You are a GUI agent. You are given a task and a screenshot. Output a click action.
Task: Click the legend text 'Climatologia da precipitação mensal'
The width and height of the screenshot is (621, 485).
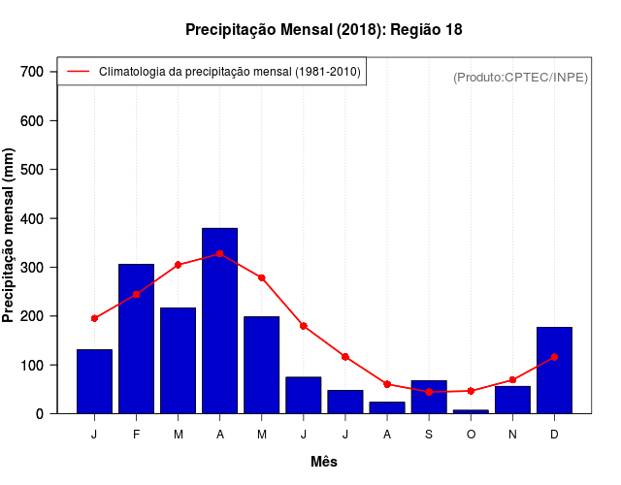230,71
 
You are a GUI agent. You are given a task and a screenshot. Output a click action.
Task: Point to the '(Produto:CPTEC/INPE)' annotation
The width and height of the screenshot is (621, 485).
520,77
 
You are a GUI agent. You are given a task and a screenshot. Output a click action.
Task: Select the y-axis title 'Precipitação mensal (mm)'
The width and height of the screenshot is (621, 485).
10,236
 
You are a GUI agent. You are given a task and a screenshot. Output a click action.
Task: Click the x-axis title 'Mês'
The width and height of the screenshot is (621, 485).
324,462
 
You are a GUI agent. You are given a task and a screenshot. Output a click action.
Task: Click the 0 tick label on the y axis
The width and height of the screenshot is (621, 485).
40,414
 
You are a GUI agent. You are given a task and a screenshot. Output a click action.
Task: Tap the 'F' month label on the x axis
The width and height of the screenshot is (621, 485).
136,434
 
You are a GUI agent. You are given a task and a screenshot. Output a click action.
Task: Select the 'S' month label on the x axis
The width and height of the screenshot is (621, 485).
429,434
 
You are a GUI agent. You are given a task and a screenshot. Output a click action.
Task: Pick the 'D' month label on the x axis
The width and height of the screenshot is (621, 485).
554,434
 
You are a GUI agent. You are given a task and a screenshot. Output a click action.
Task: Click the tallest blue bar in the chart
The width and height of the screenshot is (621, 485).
219,320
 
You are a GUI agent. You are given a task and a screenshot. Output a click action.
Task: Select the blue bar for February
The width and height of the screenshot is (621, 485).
136,339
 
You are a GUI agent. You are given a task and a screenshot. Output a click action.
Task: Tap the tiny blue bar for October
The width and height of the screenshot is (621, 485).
471,411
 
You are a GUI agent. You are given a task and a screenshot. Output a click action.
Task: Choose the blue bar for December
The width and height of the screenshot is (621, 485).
554,371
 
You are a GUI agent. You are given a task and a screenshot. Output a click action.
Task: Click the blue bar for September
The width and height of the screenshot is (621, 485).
429,397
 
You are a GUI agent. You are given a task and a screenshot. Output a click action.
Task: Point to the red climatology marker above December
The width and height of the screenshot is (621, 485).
554,357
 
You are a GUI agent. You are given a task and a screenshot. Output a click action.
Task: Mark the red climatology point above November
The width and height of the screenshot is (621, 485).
512,380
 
